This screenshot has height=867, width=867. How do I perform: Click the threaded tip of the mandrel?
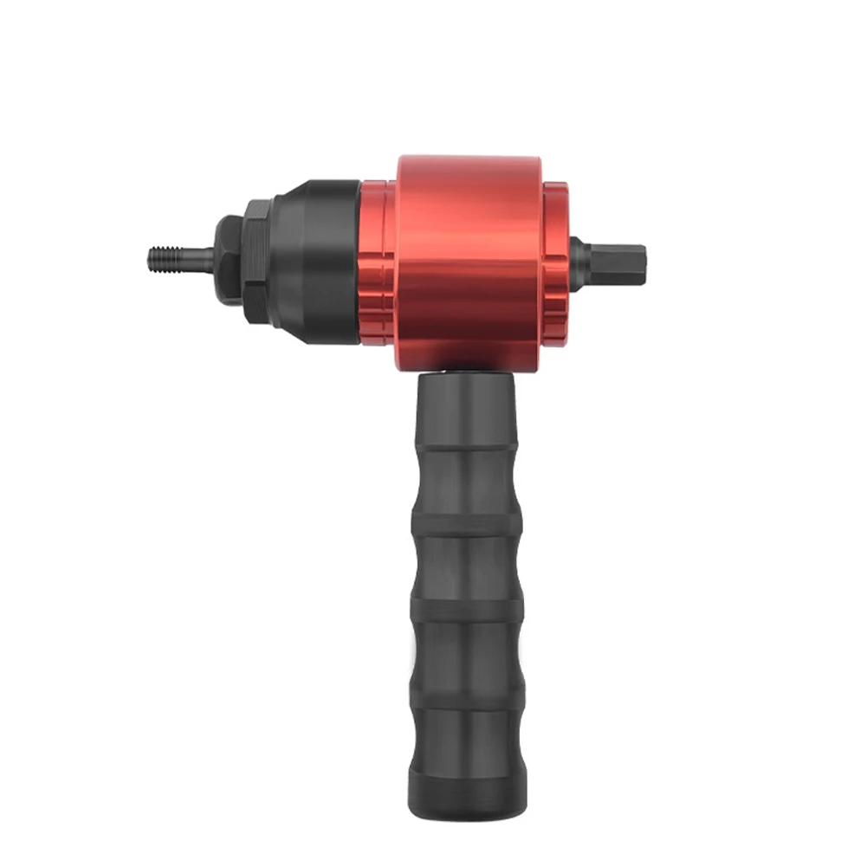coord(161,258)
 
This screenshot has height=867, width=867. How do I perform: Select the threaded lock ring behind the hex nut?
coord(257,261)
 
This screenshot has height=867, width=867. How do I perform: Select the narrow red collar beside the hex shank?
coord(555,260)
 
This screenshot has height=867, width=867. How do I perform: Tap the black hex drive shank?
coord(615,262)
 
